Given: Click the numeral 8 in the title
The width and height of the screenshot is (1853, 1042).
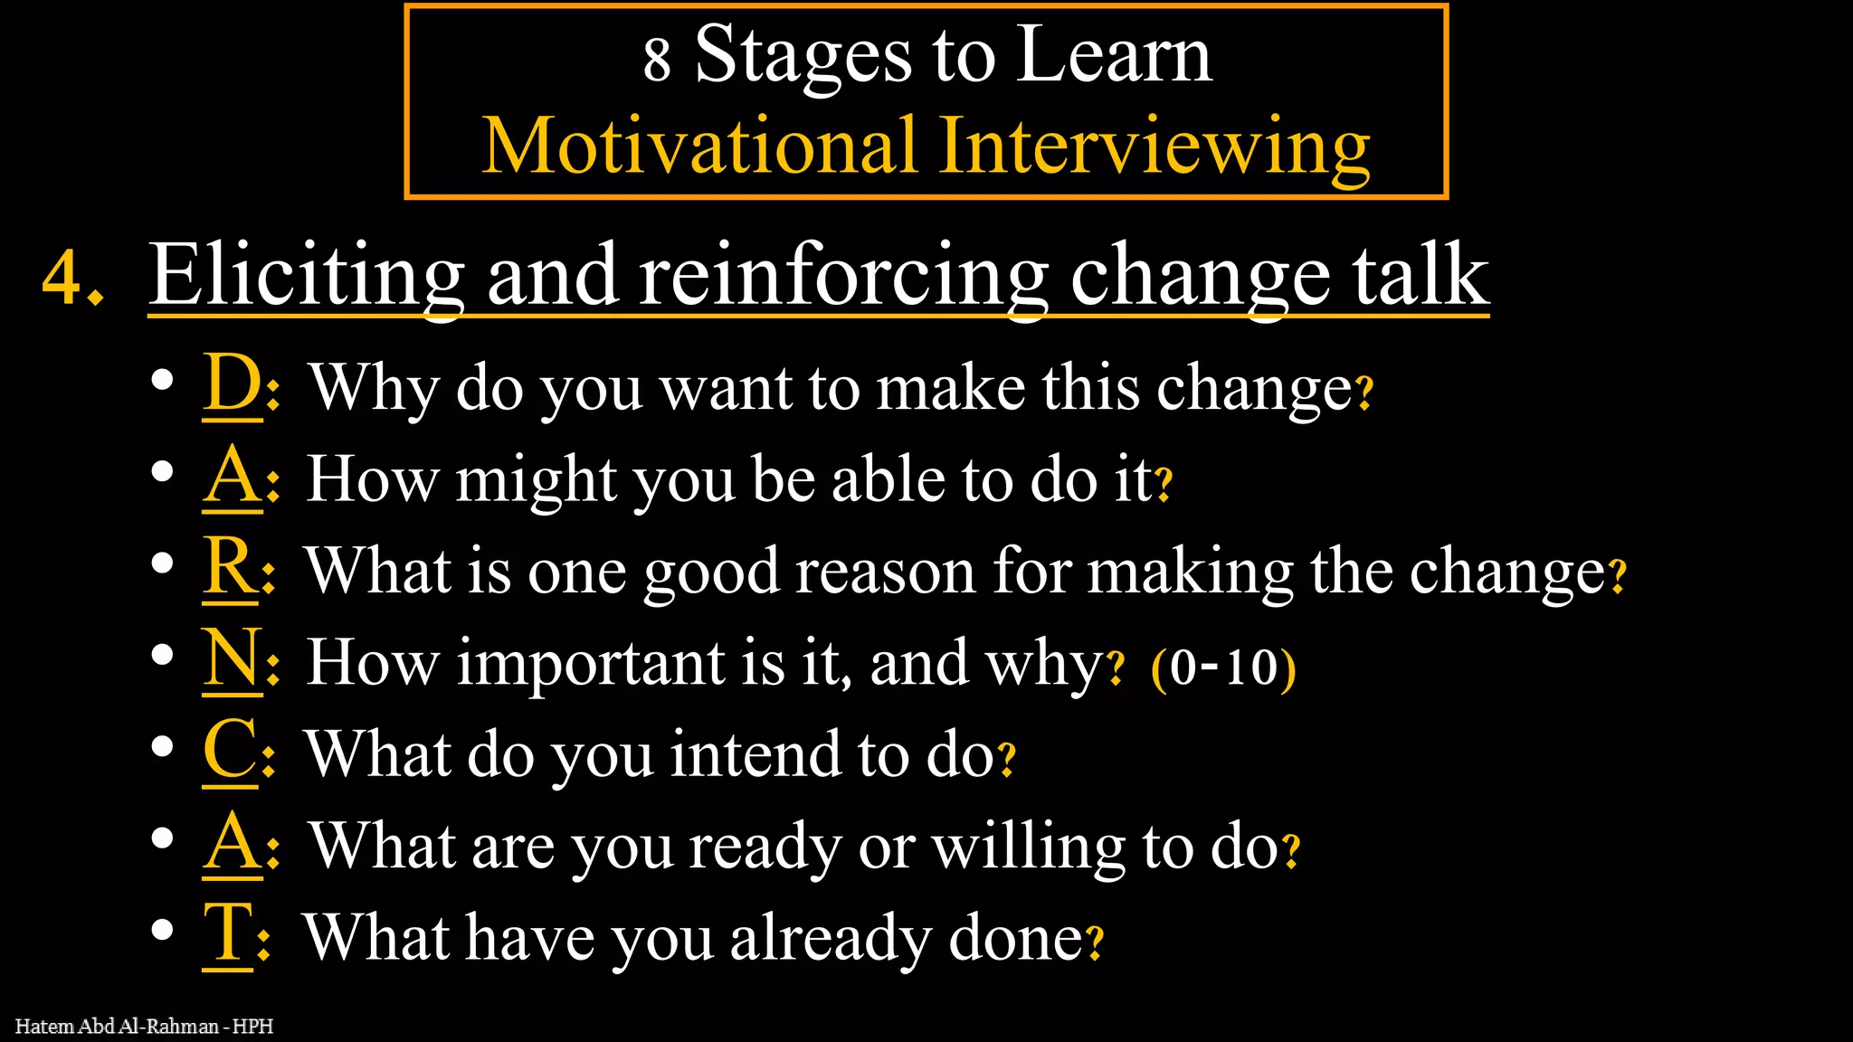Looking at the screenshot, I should click(x=657, y=60).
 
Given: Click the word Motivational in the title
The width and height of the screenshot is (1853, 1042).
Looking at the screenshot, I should click(x=698, y=146).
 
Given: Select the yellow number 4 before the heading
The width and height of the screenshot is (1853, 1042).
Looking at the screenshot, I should click(x=62, y=277).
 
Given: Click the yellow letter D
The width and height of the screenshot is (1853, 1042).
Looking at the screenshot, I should click(x=232, y=384).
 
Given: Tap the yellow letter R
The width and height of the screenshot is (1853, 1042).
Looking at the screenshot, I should click(x=230, y=566).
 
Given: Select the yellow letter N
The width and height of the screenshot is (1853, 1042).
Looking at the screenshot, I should click(x=233, y=658).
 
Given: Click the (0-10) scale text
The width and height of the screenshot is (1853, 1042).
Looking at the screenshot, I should click(x=1223, y=668).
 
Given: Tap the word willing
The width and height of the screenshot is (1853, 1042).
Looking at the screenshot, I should click(x=1029, y=847).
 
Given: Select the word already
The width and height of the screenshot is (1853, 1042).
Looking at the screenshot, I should click(x=830, y=939).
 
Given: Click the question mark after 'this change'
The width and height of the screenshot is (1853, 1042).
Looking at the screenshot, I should click(x=1364, y=393).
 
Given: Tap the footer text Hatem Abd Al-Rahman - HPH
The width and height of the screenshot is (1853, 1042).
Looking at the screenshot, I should click(x=144, y=1026).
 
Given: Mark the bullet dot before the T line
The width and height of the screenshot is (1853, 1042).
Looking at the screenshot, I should click(x=163, y=930).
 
